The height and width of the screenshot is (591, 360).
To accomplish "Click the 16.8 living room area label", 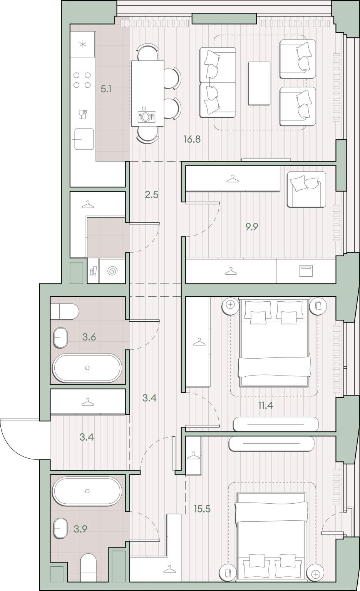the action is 192,139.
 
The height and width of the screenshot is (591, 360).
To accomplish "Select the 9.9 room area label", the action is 252,227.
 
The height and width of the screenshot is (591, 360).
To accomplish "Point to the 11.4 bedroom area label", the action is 266,405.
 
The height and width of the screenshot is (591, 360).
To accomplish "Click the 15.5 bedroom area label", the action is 202,509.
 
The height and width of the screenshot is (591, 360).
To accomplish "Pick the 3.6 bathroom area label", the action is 89,337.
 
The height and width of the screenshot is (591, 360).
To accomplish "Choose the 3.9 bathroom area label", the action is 80,529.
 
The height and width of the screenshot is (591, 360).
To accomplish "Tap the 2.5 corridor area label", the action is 152,195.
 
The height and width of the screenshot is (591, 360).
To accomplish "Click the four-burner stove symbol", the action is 82,80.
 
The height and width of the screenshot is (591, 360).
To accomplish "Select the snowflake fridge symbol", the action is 83,45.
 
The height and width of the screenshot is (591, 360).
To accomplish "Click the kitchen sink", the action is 84,139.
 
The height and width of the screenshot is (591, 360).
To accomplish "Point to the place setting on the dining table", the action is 146,115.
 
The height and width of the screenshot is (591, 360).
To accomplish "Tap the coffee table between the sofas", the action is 259,83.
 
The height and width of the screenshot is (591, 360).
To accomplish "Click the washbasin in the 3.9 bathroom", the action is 60,528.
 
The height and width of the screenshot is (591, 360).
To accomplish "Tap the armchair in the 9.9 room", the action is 306,189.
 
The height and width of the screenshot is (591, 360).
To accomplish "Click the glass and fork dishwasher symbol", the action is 83,114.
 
